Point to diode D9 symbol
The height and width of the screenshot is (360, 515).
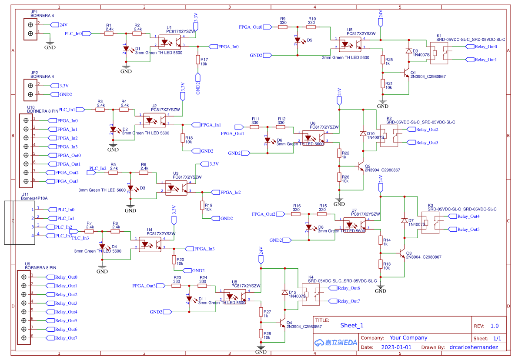(x=408, y=51)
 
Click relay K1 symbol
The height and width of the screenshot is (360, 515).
(x=443, y=53)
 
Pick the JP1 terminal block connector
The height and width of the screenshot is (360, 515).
(x=30, y=29)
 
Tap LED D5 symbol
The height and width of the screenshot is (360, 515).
(x=298, y=41)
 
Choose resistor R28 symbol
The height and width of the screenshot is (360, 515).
(x=261, y=334)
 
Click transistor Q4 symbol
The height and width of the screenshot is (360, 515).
(x=282, y=324)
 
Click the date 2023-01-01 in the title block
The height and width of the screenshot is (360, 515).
(x=396, y=347)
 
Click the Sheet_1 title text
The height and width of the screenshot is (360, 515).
(x=351, y=325)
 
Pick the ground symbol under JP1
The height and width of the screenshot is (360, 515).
(x=50, y=43)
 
